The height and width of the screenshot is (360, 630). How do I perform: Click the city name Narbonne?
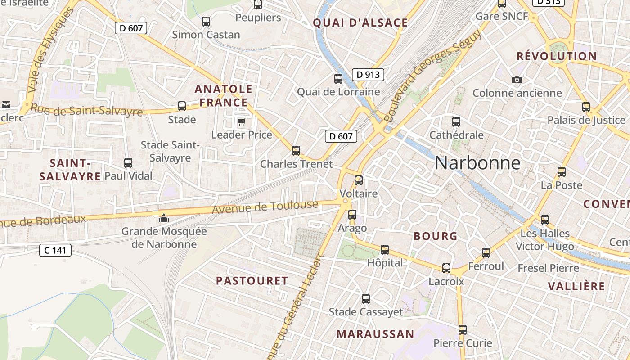(477, 163)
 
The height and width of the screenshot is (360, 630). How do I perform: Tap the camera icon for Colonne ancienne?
(517, 80)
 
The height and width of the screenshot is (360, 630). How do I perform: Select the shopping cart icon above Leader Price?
(242, 122)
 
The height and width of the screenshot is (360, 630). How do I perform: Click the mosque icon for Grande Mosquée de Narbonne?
(164, 219)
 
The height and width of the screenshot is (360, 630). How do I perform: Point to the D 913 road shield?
(368, 75)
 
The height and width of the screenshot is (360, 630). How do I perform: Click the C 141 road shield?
(55, 250)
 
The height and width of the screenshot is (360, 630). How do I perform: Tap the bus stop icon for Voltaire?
(358, 180)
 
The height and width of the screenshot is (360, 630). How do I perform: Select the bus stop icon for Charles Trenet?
(296, 151)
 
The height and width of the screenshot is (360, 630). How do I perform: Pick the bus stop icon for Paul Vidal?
(128, 163)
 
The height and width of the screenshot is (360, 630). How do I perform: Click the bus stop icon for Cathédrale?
(456, 122)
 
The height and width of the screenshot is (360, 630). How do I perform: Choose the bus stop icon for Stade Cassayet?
(366, 298)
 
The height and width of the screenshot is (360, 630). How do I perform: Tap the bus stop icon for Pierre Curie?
(463, 330)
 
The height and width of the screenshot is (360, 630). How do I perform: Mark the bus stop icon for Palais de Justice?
(586, 107)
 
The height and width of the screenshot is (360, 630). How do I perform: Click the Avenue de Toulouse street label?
(265, 207)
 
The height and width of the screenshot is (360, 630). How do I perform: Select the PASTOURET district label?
(252, 281)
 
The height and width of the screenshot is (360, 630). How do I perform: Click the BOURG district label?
(435, 236)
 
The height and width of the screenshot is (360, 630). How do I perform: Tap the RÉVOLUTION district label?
(557, 57)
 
